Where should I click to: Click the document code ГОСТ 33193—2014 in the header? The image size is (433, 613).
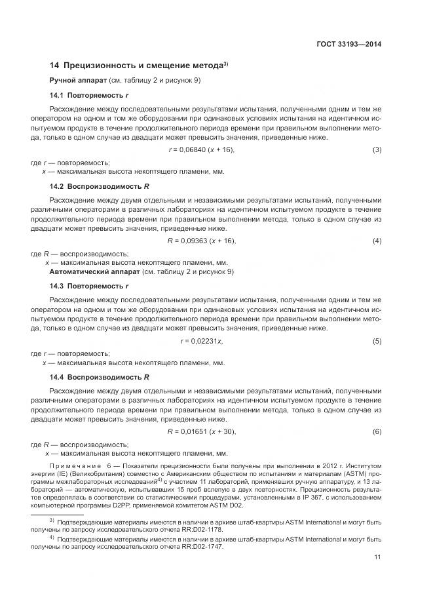coord(349,45)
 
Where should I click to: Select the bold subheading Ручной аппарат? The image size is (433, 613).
coord(75,80)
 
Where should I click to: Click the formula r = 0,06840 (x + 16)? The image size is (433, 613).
coord(201,150)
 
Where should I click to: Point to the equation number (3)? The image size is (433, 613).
coord(377,150)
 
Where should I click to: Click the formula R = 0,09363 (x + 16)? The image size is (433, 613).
coord(201,241)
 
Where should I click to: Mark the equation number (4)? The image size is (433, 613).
coord(377,241)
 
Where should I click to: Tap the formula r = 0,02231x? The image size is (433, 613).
coord(201,341)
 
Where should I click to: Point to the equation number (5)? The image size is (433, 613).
coord(377,341)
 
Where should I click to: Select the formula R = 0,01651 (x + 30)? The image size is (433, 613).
coord(201,431)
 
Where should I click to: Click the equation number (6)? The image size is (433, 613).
coord(377,431)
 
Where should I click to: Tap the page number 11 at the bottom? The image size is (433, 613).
coord(377,557)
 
